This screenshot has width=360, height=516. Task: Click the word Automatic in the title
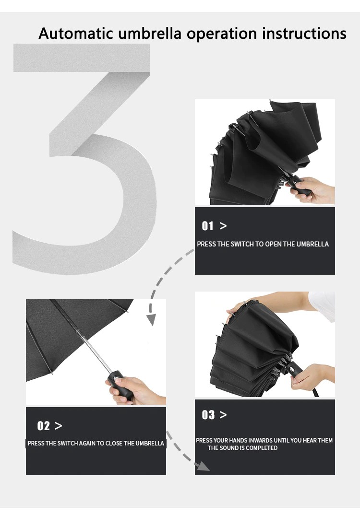pyautogui.click(x=76, y=33)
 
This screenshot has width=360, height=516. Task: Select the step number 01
pyautogui.click(x=207, y=226)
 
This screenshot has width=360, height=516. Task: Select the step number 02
pyautogui.click(x=43, y=426)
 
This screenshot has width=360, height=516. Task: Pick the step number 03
pyautogui.click(x=208, y=415)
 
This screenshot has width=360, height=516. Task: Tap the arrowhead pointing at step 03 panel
pyautogui.click(x=203, y=466)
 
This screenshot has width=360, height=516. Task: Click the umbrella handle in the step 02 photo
pyautogui.click(x=119, y=385)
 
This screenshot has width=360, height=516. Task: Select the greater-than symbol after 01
pyautogui.click(x=223, y=226)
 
